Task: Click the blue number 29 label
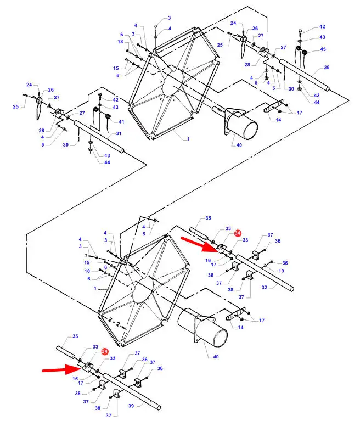click(327, 67)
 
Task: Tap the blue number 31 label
click(119, 133)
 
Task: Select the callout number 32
click(264, 287)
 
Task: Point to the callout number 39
click(131, 406)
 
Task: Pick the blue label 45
click(323, 49)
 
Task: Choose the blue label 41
click(121, 122)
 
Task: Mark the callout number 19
click(281, 271)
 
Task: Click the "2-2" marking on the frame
click(114, 322)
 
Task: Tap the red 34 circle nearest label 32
click(238, 233)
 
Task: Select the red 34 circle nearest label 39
click(105, 351)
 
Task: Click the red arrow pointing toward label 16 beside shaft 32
click(199, 244)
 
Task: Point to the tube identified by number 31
click(99, 137)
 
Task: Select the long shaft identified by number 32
click(265, 273)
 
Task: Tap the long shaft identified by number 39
click(132, 391)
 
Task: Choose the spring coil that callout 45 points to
click(305, 52)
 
